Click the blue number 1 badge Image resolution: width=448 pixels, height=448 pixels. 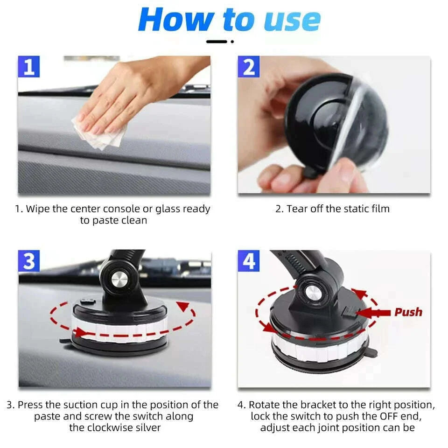[x=29, y=67]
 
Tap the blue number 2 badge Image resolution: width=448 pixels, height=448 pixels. [x=248, y=67]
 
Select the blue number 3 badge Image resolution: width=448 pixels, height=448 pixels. [x=29, y=261]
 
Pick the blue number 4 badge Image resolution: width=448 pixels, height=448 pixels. [x=248, y=261]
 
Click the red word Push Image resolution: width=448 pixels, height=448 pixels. [x=408, y=312]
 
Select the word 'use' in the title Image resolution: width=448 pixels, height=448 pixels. [x=292, y=20]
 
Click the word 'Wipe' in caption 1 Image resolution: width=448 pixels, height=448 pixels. [x=38, y=209]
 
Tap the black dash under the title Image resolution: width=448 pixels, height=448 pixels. [x=217, y=42]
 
